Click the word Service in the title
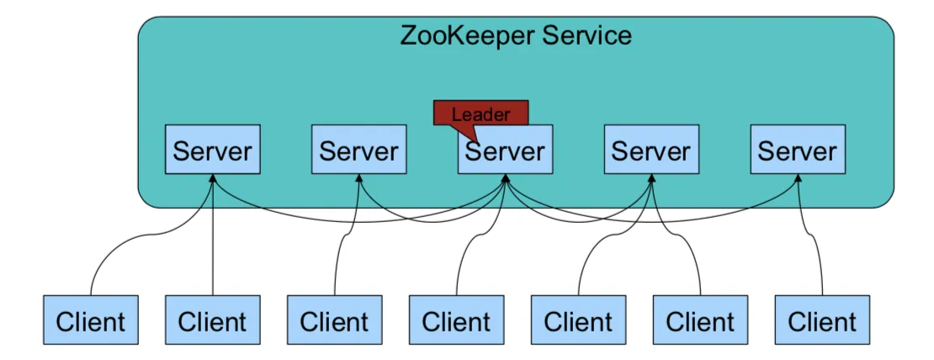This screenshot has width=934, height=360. pos(586,36)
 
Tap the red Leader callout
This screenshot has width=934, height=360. pos(480,114)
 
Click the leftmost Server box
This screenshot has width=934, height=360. pos(212,151)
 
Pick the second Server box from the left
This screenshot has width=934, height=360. pos(358,151)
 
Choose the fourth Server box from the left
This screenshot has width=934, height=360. pos(651,151)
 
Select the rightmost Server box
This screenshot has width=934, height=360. pos(798,151)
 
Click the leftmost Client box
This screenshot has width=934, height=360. pos(90,320)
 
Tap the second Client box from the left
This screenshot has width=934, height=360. pos(212,320)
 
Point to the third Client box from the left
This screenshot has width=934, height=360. pos(334,320)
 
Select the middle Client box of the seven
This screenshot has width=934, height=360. pos(456,320)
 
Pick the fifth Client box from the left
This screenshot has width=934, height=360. pos(578,320)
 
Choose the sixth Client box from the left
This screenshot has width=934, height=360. pos(700,320)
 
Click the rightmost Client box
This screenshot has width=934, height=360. pos(822,320)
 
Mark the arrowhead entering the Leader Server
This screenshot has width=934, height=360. pos(505,179)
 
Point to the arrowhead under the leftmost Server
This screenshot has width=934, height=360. pos(212,179)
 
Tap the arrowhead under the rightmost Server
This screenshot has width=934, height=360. pos(798,179)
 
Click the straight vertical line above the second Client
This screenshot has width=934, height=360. pos(212,252)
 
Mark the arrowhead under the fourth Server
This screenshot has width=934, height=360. pos(651,179)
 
